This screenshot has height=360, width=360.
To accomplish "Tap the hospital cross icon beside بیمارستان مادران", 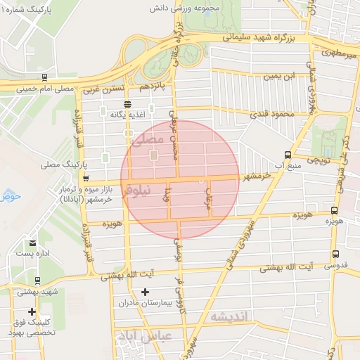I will pyautogui.click(x=145, y=292).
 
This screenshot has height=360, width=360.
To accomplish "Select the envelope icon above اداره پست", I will pyautogui.click(x=33, y=243).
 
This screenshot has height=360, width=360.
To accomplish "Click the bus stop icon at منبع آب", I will pyautogui.click(x=287, y=155).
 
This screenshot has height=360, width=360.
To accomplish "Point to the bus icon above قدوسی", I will pyautogui.click(x=335, y=254).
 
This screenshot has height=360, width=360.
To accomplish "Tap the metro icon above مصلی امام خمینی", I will pyautogui.click(x=44, y=77).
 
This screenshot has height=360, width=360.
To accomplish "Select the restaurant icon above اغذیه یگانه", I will pyautogui.click(x=127, y=104).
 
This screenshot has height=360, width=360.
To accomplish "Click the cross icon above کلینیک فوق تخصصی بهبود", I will pyautogui.click(x=32, y=311).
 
